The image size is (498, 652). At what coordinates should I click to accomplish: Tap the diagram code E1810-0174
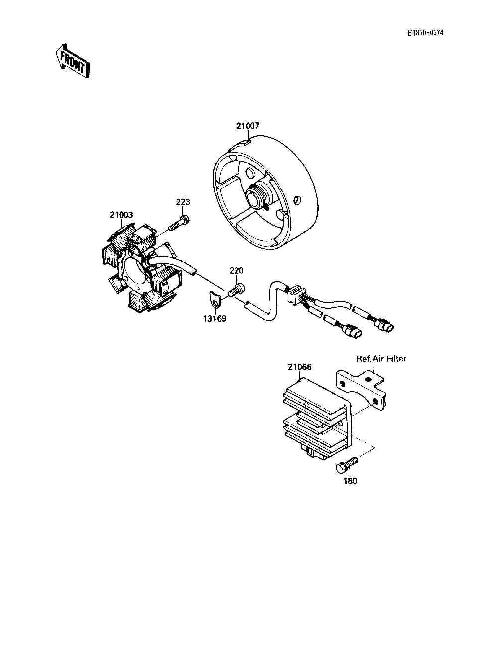[x=425, y=33]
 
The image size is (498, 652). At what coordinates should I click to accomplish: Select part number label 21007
[x=248, y=126]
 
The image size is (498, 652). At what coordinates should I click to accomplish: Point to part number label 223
[x=183, y=202]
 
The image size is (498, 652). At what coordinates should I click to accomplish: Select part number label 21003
[x=121, y=215]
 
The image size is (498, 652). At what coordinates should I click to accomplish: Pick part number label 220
[x=236, y=270]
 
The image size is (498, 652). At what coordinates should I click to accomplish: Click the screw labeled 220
[x=236, y=290]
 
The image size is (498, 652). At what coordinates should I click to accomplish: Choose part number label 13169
[x=214, y=318]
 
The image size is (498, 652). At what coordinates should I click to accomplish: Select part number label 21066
[x=299, y=367]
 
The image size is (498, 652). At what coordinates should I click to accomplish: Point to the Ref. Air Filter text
[x=381, y=358]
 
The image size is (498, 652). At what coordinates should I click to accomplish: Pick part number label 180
[x=350, y=481]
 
